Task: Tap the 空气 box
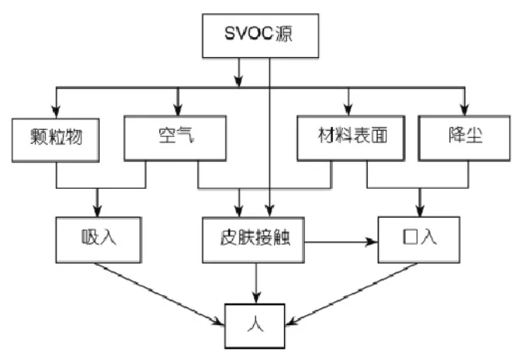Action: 176,138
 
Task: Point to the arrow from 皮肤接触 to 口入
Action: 341,242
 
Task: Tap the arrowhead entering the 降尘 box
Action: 464,111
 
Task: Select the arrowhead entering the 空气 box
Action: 177,111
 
